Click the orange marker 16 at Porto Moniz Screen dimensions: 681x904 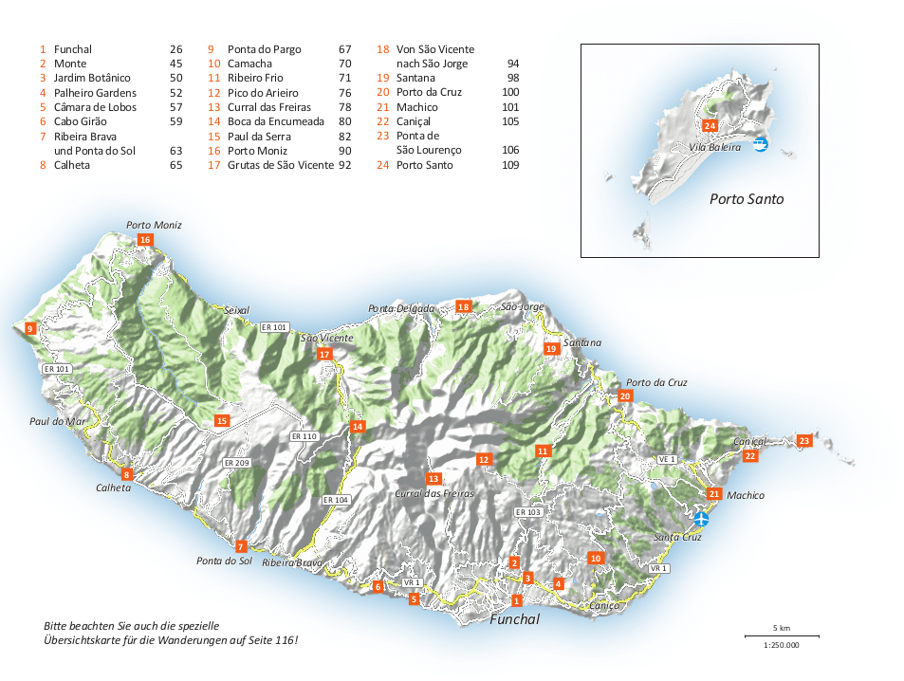pos(145,240)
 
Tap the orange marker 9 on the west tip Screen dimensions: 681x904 pos(30,328)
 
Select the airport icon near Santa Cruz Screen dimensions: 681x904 pos(701,519)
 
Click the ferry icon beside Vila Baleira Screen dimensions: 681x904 pos(760,144)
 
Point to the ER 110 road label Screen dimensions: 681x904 pos(304,436)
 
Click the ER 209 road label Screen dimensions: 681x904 pos(236,463)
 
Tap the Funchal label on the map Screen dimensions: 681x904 pos(514,619)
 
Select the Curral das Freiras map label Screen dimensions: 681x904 pos(434,493)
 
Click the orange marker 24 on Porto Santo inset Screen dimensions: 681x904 pos(710,126)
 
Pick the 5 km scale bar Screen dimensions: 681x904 pos(782,635)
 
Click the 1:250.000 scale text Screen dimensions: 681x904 pos(782,645)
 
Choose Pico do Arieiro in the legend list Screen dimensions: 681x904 pos(263,93)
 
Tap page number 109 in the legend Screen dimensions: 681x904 pos(510,165)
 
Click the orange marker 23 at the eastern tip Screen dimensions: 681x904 pos(804,440)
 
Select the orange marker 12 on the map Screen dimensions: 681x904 pos(483,460)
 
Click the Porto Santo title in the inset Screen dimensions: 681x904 pos(747,199)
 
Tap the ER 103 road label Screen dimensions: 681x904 pos(527,512)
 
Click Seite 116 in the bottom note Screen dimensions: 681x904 pos(270,640)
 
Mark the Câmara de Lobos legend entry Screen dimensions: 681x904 pos(95,107)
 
